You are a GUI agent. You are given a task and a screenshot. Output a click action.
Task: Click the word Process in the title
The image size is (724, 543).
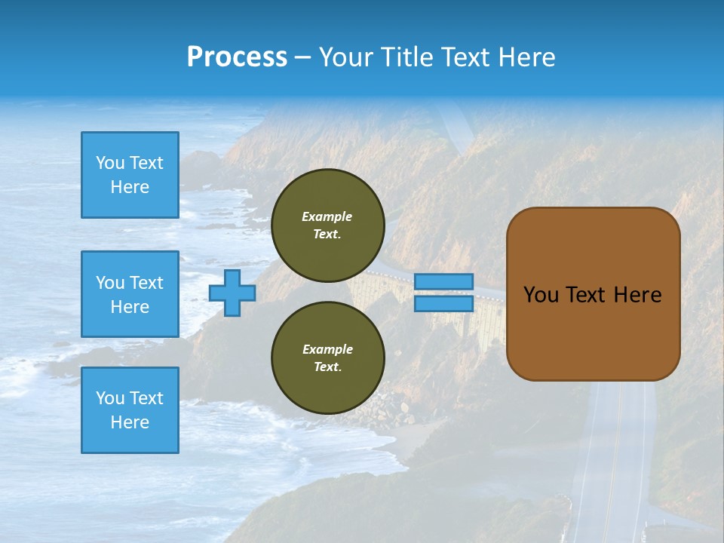click(x=237, y=57)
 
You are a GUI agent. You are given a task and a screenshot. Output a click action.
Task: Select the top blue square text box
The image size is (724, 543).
click(x=130, y=175)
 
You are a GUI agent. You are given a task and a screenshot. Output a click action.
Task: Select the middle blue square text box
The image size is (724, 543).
click(x=130, y=294)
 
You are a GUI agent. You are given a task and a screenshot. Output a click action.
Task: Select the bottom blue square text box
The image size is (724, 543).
click(x=130, y=410)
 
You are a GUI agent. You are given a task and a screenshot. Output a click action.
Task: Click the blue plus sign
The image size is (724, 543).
click(x=232, y=293)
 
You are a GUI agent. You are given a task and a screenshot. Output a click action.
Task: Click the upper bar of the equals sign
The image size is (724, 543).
click(x=444, y=282)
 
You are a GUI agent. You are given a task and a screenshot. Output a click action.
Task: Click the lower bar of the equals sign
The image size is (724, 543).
click(x=444, y=304)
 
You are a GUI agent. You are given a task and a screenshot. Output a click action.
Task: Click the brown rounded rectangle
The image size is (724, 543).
click(x=593, y=332)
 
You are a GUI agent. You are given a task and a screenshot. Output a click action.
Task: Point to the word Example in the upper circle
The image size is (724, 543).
click(x=327, y=216)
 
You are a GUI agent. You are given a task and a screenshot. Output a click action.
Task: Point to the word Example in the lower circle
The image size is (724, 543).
click(x=327, y=349)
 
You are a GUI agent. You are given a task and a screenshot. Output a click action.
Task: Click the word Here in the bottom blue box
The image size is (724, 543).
click(x=130, y=422)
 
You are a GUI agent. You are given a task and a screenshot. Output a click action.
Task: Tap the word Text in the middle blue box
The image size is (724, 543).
click(x=146, y=283)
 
